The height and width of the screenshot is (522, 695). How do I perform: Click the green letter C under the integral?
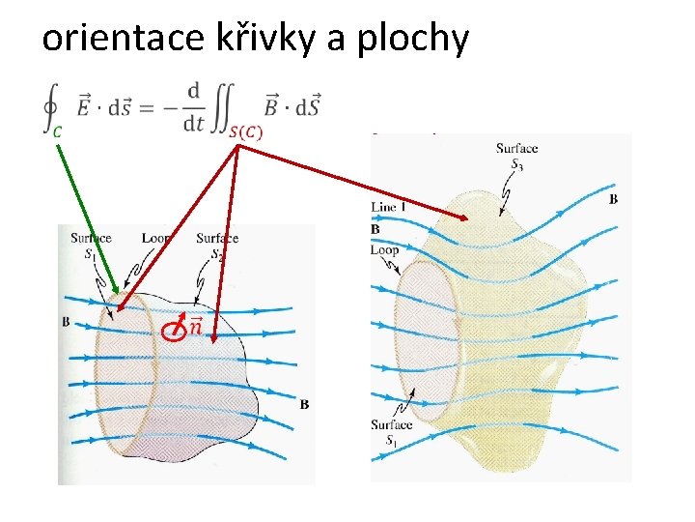click(57, 130)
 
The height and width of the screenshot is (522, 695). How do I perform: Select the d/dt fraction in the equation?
click(194, 106)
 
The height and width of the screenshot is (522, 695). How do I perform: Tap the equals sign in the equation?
click(146, 106)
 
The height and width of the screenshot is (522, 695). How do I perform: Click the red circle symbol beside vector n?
click(173, 333)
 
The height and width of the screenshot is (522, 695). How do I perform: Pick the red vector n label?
click(195, 326)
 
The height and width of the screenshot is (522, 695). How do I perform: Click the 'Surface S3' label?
click(516, 156)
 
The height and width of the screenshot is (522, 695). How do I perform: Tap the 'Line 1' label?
click(388, 207)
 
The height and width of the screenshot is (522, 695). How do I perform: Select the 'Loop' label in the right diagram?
click(384, 249)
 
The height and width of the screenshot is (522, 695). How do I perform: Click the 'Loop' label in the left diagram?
click(155, 238)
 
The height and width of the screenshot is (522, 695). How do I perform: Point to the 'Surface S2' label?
click(217, 245)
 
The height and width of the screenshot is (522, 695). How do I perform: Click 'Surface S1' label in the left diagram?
click(91, 245)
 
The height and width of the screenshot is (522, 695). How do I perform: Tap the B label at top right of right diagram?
click(614, 199)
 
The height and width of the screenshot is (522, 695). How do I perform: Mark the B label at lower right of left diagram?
click(304, 403)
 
